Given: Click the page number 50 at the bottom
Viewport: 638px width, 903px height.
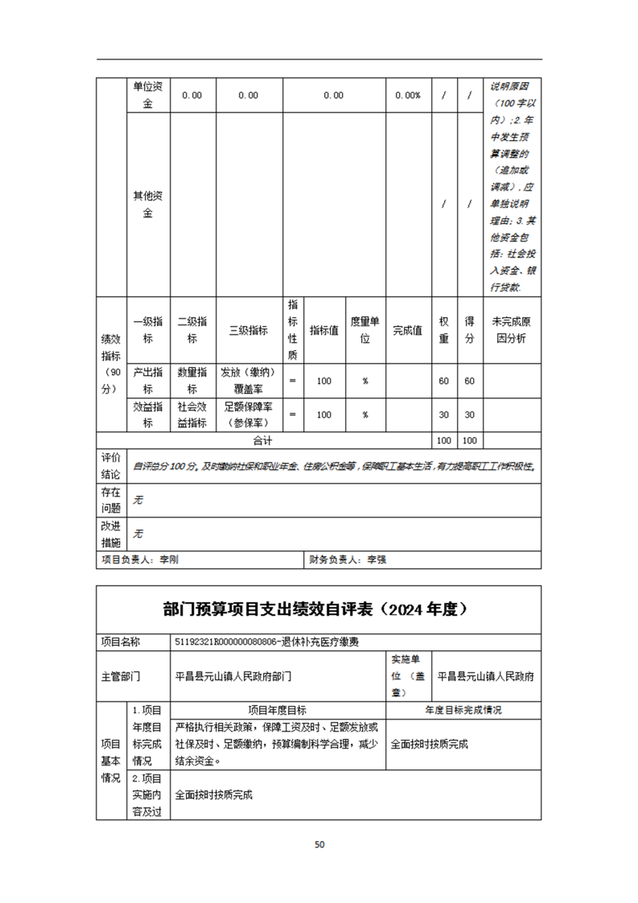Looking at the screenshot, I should (x=319, y=844).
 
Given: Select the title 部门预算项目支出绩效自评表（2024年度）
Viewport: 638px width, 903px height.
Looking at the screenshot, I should (x=319, y=609).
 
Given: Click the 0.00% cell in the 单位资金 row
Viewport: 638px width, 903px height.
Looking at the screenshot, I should (x=408, y=95).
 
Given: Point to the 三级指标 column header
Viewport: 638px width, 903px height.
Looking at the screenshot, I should (x=249, y=330).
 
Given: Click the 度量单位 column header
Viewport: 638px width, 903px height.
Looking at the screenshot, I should (x=365, y=330).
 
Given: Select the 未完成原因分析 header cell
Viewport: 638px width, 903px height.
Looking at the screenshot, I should (x=512, y=330).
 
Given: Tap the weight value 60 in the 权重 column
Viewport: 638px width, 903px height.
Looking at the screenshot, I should (x=443, y=381).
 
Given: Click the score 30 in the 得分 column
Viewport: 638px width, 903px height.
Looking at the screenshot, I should (x=470, y=414).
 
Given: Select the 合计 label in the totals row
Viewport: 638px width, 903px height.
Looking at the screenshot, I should (x=263, y=441).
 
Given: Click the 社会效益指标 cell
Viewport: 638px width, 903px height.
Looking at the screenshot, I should (x=192, y=414).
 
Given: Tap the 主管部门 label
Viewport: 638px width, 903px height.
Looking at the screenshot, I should (x=120, y=677).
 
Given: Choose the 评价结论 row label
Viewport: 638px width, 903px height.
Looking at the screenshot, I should (x=111, y=466).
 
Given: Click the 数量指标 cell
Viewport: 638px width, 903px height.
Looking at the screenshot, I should (x=192, y=381).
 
